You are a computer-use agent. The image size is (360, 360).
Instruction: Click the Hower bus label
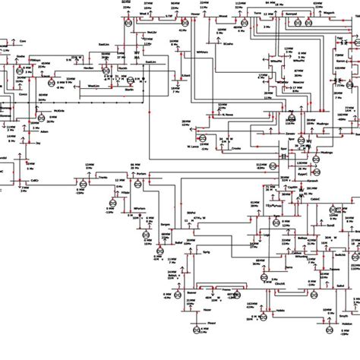[x=197, y=14]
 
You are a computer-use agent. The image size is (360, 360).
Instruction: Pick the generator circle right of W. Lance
[x=204, y=137]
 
